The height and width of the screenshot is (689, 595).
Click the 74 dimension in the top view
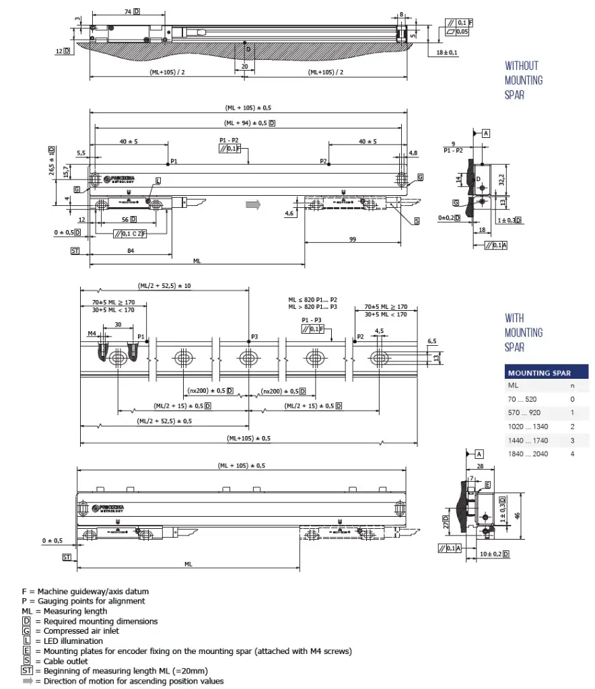(x=128, y=12)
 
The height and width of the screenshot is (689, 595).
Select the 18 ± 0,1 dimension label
(x=446, y=52)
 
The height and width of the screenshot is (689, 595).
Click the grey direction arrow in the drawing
(x=252, y=205)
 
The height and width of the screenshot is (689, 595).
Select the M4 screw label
(x=92, y=333)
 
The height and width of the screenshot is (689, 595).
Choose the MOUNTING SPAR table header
(x=539, y=373)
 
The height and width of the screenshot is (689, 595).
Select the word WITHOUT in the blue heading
(x=522, y=66)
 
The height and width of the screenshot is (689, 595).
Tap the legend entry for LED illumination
(x=67, y=641)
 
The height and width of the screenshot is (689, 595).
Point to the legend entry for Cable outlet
(x=61, y=661)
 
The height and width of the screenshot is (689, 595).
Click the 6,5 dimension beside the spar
(x=431, y=342)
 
